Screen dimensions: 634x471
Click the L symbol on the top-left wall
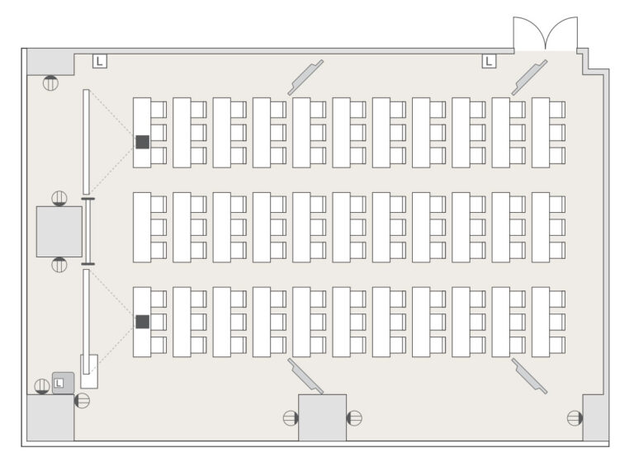pyautogui.click(x=99, y=61)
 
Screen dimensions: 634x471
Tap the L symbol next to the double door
pyautogui.click(x=489, y=61)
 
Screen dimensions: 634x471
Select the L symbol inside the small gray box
pyautogui.click(x=59, y=383)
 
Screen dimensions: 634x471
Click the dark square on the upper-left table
pyautogui.click(x=142, y=142)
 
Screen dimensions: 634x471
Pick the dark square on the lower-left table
pyautogui.click(x=142, y=322)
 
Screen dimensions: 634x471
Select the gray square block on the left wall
pyautogui.click(x=59, y=232)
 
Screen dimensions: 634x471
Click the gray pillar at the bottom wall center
pyautogui.click(x=322, y=417)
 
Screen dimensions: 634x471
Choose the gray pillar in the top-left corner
pyautogui.click(x=50, y=62)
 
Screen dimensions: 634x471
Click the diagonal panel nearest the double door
pyautogui.click(x=529, y=78)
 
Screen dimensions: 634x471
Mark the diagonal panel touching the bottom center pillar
pyautogui.click(x=305, y=376)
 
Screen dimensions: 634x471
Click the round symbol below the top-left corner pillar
pyautogui.click(x=50, y=82)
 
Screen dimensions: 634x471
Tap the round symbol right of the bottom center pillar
pyautogui.click(x=355, y=418)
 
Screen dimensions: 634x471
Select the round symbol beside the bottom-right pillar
pyautogui.click(x=575, y=418)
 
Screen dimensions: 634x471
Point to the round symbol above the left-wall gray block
pyautogui.click(x=59, y=198)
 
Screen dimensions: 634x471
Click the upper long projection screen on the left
pyautogui.click(x=86, y=142)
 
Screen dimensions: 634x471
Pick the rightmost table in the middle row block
pyautogui.click(x=540, y=228)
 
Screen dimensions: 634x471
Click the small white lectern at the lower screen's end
pyautogui.click(x=89, y=372)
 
